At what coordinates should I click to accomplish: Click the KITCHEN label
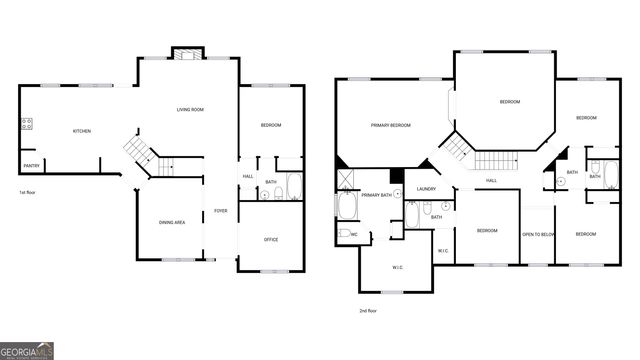[81, 131]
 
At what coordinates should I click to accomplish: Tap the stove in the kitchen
[25, 125]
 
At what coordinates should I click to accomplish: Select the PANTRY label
[31, 166]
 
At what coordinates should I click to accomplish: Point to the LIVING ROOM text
[190, 109]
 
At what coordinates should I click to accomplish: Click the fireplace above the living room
[186, 52]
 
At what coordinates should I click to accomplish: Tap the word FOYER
[220, 211]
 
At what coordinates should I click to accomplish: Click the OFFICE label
[271, 239]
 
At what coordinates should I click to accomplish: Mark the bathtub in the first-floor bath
[294, 186]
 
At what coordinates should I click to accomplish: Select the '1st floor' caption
[28, 192]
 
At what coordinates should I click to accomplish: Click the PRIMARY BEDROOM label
[391, 125]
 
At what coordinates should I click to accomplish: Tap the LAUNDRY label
[426, 188]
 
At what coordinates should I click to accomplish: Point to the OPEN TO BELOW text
[538, 234]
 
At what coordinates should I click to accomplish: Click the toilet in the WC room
[343, 234]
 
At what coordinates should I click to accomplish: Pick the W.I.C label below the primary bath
[397, 266]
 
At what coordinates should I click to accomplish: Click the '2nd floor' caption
[368, 311]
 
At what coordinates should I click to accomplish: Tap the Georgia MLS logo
[27, 351]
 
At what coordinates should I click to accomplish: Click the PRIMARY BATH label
[377, 195]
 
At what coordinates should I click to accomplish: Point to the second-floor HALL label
[491, 180]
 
